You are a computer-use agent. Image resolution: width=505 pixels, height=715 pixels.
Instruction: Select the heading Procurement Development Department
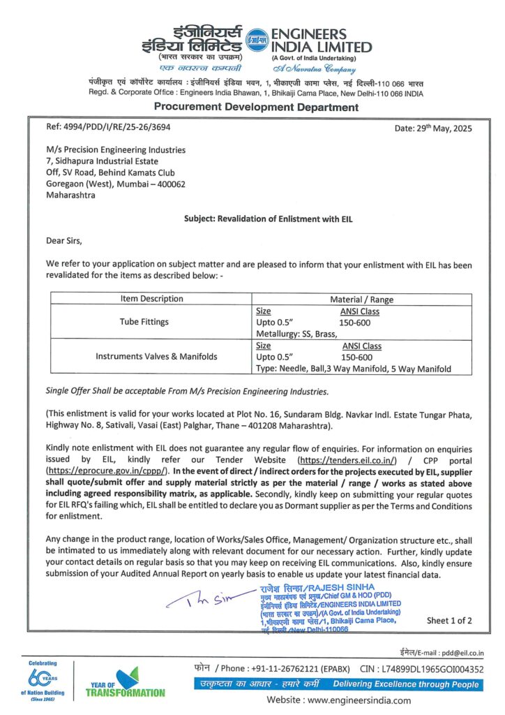(x=256, y=107)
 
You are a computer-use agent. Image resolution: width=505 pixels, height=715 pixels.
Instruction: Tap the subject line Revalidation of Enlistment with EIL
(x=269, y=219)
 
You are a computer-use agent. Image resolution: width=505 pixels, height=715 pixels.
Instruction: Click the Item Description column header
(x=151, y=299)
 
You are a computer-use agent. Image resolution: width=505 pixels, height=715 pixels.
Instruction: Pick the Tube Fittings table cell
(x=151, y=323)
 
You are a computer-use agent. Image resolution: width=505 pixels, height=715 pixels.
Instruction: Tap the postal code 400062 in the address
(x=166, y=184)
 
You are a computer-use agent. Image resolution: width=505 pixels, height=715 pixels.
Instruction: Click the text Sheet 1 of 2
(x=449, y=620)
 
